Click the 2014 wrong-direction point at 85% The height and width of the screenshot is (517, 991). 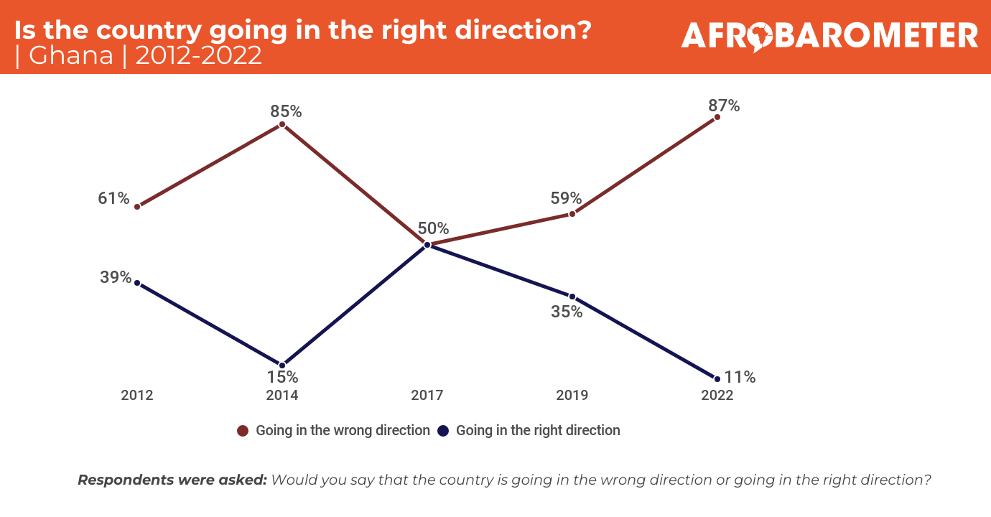point(282,124)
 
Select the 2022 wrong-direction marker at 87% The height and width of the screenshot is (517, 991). point(717,117)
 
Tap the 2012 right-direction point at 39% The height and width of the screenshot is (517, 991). point(137,283)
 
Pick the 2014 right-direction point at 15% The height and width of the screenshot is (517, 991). point(282,365)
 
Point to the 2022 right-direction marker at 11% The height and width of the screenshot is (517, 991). point(717,378)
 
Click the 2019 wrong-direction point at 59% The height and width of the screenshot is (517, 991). point(572,213)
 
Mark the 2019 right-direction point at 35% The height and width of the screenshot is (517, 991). point(572,296)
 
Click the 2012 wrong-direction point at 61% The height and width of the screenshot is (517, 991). point(137,206)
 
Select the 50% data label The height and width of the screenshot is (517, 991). point(433,229)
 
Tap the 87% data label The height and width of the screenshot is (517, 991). point(724,106)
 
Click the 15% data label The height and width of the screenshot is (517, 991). point(282,377)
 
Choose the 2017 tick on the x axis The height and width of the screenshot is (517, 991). point(427,396)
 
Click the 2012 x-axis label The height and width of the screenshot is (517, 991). point(137,396)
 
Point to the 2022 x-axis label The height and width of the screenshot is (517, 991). point(717,396)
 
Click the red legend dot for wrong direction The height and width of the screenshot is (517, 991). point(243,431)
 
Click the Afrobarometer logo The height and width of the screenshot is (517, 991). point(829,36)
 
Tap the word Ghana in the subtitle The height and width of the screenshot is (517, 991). point(72,55)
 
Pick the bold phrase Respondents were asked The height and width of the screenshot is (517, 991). point(172,480)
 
